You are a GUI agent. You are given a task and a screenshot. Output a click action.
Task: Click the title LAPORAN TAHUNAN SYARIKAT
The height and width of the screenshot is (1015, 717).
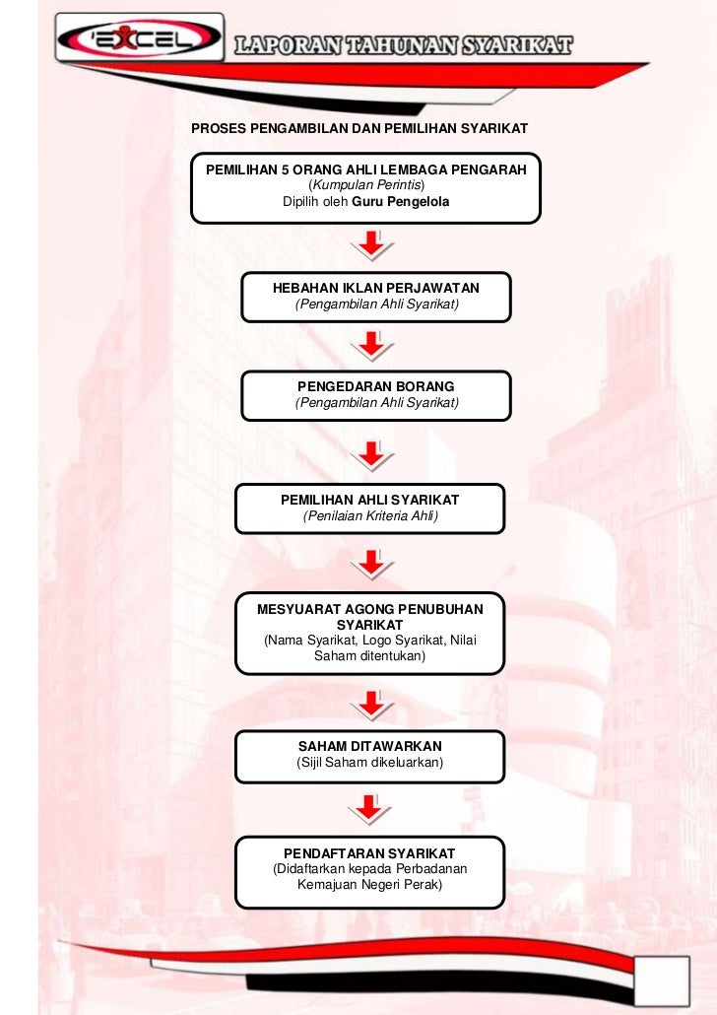tap(403, 45)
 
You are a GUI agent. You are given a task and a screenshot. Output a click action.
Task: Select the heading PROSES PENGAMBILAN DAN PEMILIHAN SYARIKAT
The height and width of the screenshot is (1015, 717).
tap(359, 129)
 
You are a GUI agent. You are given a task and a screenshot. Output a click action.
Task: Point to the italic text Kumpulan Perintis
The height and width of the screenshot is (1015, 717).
tap(366, 185)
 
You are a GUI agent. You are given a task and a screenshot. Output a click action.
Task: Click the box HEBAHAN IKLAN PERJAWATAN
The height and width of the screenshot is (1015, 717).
tap(375, 297)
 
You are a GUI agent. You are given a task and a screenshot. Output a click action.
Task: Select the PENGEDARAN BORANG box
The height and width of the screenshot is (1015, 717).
tap(376, 395)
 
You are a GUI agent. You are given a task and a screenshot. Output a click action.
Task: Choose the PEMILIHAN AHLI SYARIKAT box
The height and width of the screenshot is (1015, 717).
tap(369, 507)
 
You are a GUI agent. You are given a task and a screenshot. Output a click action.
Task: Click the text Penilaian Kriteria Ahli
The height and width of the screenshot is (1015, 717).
tap(370, 516)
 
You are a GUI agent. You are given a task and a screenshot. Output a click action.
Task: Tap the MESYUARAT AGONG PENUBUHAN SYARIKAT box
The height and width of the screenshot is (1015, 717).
tap(369, 633)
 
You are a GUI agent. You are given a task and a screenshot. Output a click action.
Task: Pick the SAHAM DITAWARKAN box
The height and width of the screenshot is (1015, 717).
tap(369, 755)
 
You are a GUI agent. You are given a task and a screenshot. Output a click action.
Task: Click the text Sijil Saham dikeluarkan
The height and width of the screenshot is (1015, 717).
tap(370, 763)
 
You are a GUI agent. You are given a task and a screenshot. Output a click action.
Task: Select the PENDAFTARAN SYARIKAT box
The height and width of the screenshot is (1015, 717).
tap(369, 871)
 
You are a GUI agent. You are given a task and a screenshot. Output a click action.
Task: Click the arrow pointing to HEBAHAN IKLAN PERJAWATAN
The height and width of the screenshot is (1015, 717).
tap(371, 244)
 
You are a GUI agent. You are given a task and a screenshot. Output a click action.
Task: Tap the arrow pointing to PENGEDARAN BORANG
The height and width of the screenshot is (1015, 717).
tap(371, 346)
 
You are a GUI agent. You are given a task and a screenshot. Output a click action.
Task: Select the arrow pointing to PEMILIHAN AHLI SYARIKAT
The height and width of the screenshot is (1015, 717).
tap(371, 456)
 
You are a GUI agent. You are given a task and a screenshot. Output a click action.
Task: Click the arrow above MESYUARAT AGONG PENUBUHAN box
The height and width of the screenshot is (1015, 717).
tap(371, 565)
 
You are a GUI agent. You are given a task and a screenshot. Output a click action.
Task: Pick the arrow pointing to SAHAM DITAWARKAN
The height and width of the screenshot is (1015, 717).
tap(371, 704)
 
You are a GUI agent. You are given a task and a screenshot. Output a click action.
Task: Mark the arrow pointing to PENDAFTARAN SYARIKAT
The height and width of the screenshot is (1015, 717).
tap(371, 810)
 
